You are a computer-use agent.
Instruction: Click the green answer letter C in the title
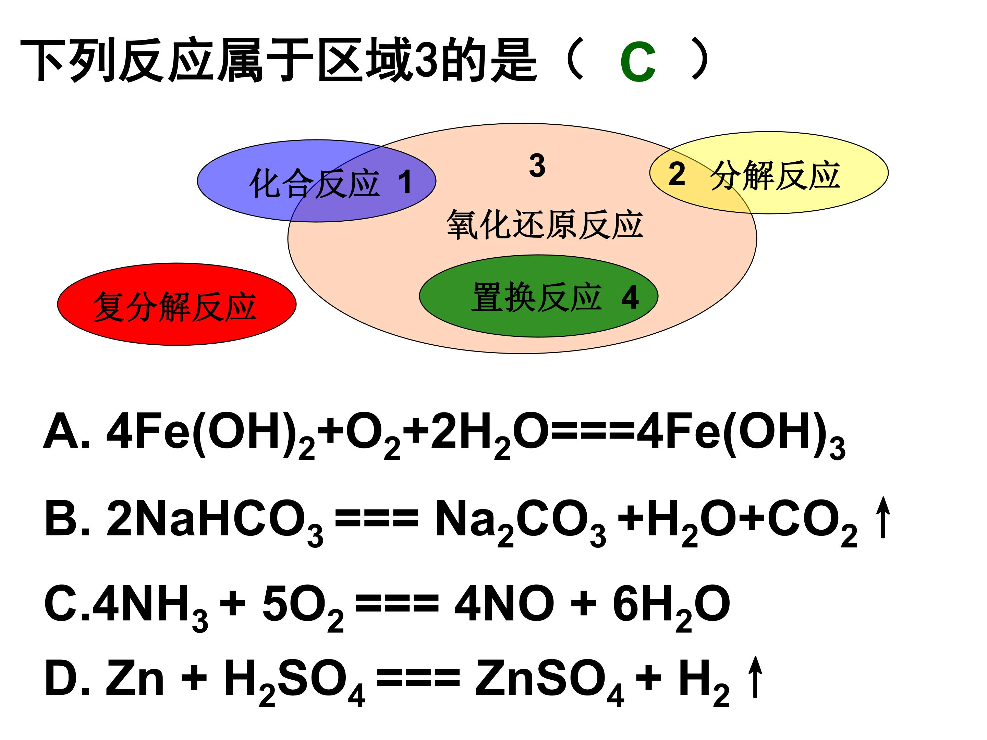pyautogui.click(x=638, y=62)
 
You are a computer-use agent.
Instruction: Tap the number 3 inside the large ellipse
pyautogui.click(x=537, y=165)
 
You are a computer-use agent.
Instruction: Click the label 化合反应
pyautogui.click(x=315, y=183)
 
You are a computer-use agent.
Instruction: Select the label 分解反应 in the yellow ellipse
pyautogui.click(x=776, y=176)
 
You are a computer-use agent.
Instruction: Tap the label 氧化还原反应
pyautogui.click(x=545, y=225)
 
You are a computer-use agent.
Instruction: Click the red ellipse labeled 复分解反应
pyautogui.click(x=177, y=304)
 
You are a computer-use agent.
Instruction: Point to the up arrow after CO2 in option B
pyautogui.click(x=882, y=517)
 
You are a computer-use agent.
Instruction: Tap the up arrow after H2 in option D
pyautogui.click(x=755, y=677)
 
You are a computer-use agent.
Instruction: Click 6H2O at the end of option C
pyautogui.click(x=671, y=608)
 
